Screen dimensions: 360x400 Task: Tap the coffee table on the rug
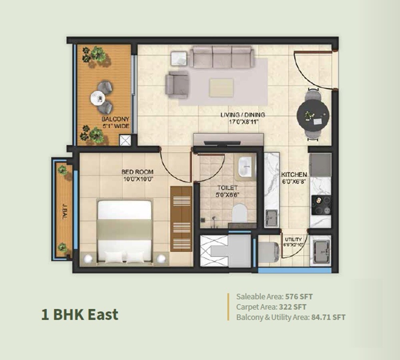(221, 87)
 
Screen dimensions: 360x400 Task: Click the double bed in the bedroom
(125, 232)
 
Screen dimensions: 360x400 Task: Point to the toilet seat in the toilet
(240, 213)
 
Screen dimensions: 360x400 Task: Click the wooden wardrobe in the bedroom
(181, 218)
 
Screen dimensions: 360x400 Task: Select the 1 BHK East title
(80, 314)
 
